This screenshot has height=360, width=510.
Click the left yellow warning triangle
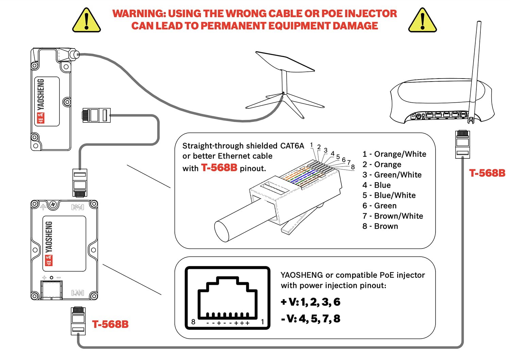pyautogui.click(x=86, y=21)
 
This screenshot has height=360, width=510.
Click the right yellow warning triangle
pyautogui.click(x=422, y=21)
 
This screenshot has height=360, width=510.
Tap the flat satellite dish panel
pyautogui.click(x=285, y=62)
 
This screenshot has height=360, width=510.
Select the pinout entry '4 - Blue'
pyautogui.click(x=376, y=185)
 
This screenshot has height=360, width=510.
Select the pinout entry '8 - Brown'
pyautogui.click(x=380, y=226)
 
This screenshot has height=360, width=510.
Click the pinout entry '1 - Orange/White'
pyautogui.click(x=394, y=154)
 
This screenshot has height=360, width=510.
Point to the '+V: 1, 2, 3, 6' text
pyautogui.click(x=310, y=302)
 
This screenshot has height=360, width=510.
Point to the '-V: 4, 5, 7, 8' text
pyautogui.click(x=310, y=319)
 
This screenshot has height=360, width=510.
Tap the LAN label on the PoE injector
pyautogui.click(x=78, y=293)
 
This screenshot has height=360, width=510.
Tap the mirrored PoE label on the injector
pyautogui.click(x=78, y=207)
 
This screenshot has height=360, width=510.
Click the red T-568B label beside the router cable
pyautogui.click(x=487, y=173)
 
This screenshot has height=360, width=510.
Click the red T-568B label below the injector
pyautogui.click(x=110, y=324)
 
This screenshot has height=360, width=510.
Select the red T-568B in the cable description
pyautogui.click(x=219, y=168)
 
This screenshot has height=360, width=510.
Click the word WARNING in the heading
pyautogui.click(x=139, y=14)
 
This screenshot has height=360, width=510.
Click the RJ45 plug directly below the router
pyautogui.click(x=462, y=144)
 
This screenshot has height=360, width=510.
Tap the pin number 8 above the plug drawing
pyautogui.click(x=353, y=167)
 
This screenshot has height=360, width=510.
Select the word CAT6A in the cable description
pyautogui.click(x=292, y=146)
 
